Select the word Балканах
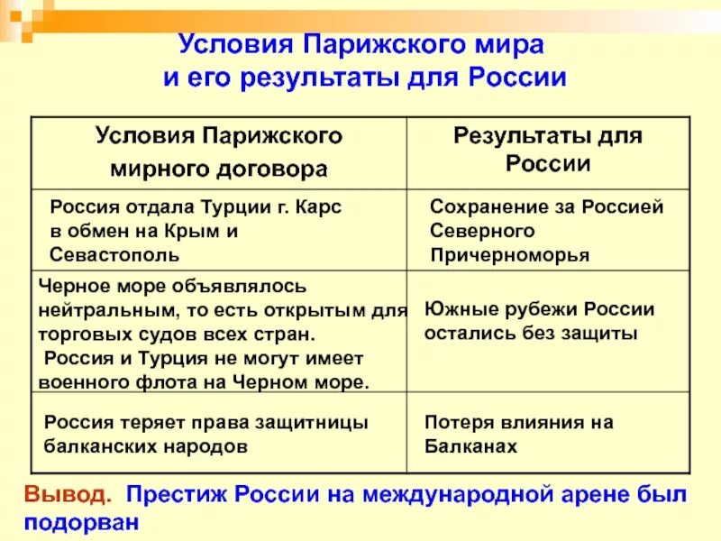click(x=470, y=445)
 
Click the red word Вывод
click(x=68, y=495)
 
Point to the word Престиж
click(x=177, y=495)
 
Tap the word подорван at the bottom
click(x=82, y=521)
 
